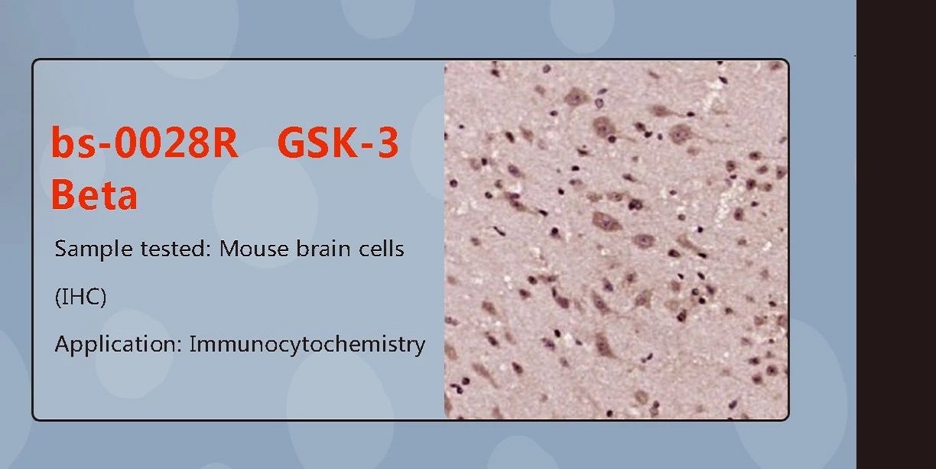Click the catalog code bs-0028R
[x=145, y=142]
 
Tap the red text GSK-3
[x=338, y=142]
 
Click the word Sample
[x=94, y=249]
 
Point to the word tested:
[x=176, y=249]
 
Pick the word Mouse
[x=254, y=249]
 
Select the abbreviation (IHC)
[x=80, y=297]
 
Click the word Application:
[x=119, y=344]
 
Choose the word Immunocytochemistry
[x=307, y=344]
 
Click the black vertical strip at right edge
[x=896, y=234]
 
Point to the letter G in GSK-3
[x=291, y=142]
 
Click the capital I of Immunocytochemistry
[x=192, y=344]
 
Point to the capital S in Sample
[x=61, y=249]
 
